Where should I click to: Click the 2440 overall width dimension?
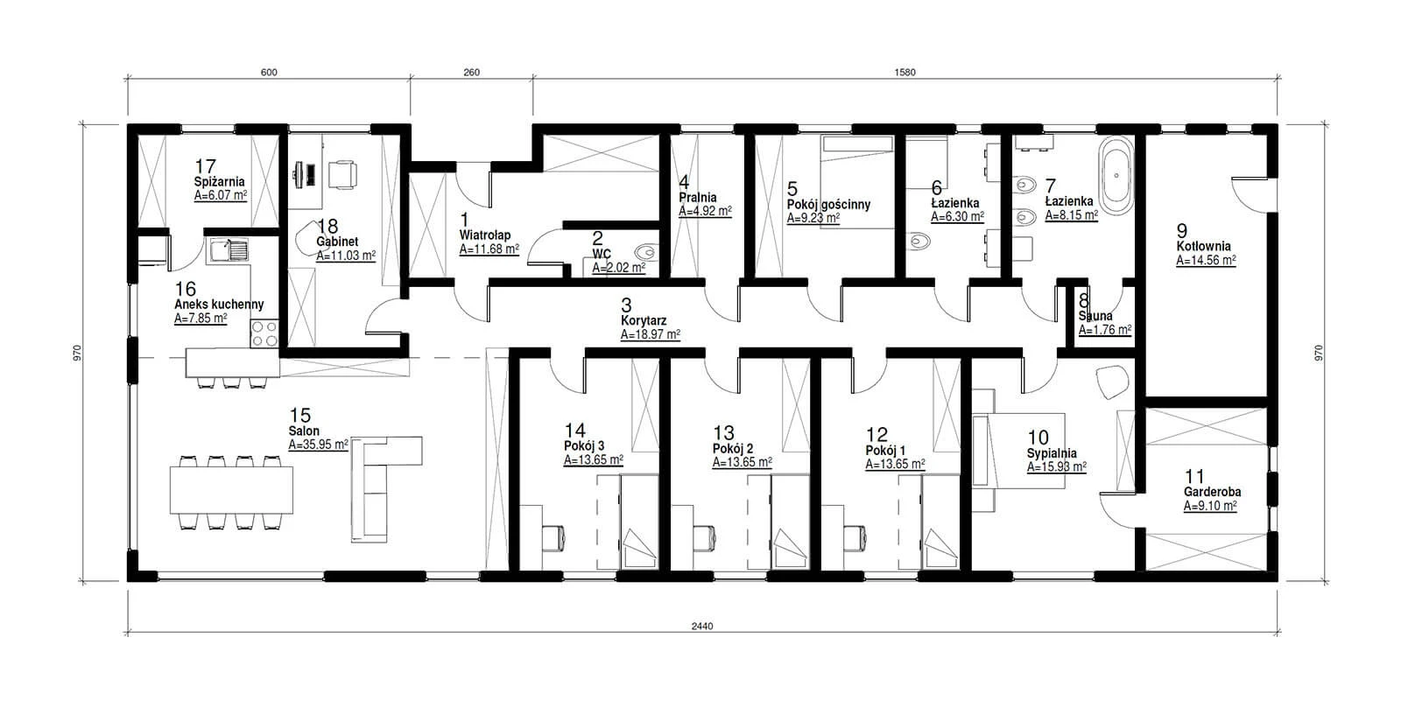point(702,626)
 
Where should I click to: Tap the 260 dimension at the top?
point(472,73)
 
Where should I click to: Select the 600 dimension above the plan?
point(269,73)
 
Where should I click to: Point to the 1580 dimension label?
point(905,73)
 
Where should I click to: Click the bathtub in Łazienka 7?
point(1116,176)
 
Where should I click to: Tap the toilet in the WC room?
point(647,253)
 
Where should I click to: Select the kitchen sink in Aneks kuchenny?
point(229,250)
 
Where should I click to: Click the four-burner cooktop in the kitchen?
point(264,333)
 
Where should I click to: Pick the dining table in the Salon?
point(231,491)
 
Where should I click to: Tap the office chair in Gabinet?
point(342,174)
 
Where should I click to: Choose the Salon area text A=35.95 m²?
point(319,445)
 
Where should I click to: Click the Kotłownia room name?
point(1203,247)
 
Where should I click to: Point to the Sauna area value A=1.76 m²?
point(1105,330)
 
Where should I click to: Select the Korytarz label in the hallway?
point(644,320)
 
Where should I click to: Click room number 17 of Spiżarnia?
point(205,167)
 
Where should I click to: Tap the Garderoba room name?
point(1212,493)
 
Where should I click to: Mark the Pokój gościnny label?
point(828,205)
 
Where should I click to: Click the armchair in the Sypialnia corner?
point(1113,382)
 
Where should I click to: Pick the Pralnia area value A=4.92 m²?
point(706,211)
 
